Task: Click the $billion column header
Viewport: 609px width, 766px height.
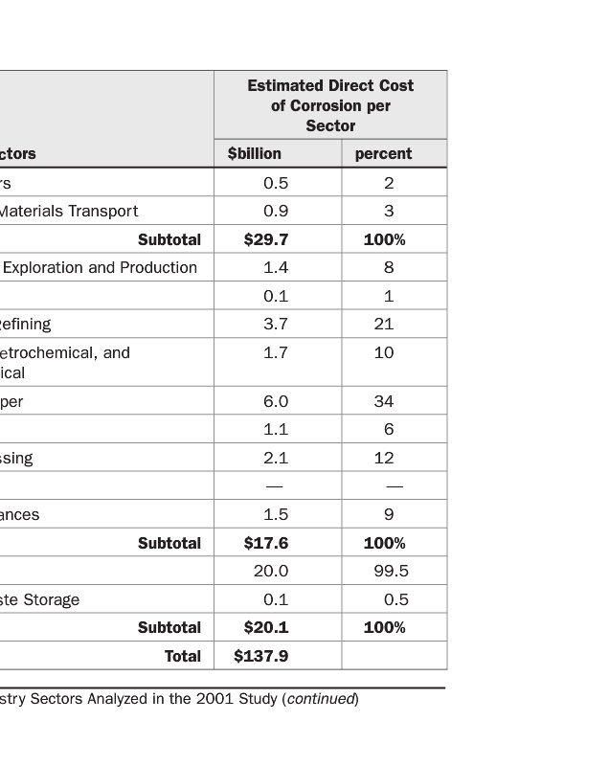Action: tap(255, 153)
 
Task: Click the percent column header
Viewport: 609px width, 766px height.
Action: tap(383, 153)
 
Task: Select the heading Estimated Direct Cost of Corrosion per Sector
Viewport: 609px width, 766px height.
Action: tap(330, 105)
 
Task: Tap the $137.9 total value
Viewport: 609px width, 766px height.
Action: tap(260, 656)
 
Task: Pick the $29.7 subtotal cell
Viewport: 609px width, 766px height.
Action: tap(266, 239)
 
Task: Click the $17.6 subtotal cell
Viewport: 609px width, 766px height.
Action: tap(266, 543)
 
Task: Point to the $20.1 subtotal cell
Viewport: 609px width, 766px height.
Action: tap(266, 627)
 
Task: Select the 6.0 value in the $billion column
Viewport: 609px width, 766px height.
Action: tap(276, 401)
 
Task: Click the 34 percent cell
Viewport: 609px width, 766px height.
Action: tap(384, 401)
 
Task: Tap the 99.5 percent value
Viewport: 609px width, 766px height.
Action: tap(391, 571)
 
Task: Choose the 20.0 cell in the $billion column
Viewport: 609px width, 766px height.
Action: tap(271, 571)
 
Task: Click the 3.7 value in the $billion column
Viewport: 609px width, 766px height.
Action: tap(276, 324)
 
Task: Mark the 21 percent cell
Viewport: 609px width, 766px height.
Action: tap(384, 324)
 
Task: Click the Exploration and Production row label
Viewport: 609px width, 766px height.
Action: tap(100, 267)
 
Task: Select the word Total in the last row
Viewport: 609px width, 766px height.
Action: tap(183, 656)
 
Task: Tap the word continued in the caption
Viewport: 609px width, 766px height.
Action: tap(321, 699)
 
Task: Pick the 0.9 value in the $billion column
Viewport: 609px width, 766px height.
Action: tap(276, 211)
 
